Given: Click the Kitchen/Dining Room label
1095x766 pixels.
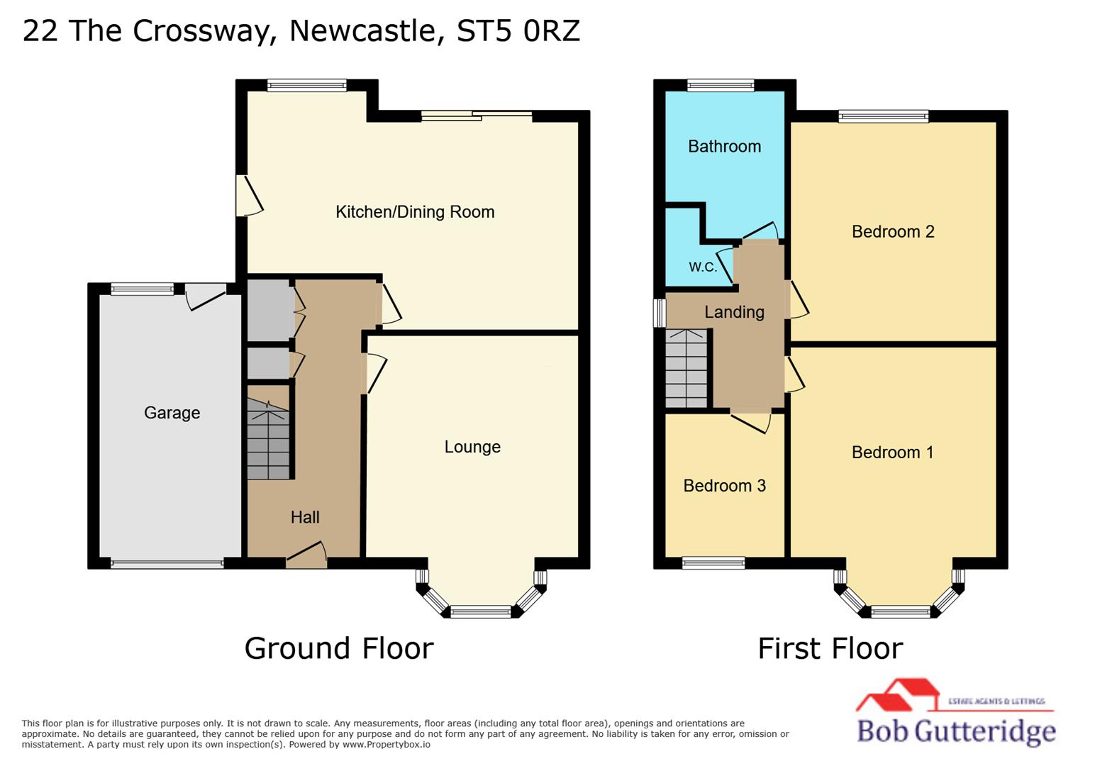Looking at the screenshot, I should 415,212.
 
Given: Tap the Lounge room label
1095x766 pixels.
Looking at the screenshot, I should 472,447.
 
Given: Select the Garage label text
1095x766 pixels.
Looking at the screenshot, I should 172,413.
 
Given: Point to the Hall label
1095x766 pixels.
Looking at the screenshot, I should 305,517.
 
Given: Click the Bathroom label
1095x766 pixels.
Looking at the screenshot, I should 724,147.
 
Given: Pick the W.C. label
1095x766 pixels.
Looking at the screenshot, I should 703,267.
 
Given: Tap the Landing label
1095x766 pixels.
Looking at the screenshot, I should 734,312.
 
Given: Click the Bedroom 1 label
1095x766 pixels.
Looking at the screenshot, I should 892,453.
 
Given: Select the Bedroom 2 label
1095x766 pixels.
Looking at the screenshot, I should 893,232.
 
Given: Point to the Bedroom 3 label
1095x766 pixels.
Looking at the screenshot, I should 724,486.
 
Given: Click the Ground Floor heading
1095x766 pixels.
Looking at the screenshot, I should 339,648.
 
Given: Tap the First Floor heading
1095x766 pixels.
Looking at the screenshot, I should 830,648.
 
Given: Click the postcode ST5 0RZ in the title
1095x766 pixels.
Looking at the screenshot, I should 518,30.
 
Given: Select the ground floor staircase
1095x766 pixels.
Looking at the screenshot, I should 268,440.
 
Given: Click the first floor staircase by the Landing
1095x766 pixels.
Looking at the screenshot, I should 687,369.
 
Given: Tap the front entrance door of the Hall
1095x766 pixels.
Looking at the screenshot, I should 306,557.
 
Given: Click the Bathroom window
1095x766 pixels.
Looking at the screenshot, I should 721,86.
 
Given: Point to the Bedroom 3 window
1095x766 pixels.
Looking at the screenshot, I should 713,563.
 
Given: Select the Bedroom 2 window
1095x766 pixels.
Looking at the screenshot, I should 883,116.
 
